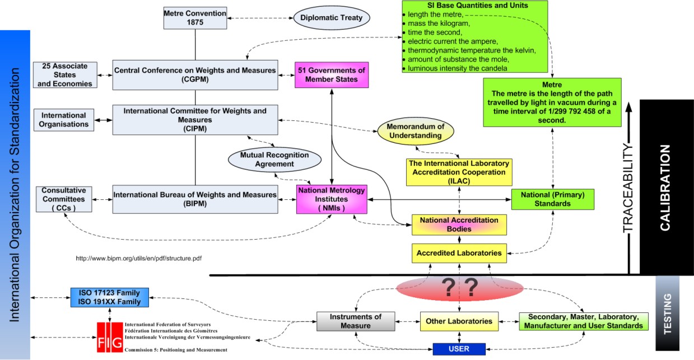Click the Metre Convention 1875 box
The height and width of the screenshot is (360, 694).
click(195, 18)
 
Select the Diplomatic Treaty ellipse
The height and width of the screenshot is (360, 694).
click(331, 18)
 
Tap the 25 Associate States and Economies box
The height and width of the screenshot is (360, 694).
click(64, 74)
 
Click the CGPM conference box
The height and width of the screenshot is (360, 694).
click(195, 74)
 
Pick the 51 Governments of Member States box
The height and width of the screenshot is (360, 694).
click(334, 74)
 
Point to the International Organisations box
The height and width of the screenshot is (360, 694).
click(64, 119)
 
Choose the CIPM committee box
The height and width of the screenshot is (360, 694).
click(195, 119)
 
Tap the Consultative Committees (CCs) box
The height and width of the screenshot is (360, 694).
click(64, 199)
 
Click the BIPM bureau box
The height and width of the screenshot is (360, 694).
click(195, 199)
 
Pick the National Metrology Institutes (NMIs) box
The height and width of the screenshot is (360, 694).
click(331, 199)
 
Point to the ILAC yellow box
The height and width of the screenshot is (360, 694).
click(459, 172)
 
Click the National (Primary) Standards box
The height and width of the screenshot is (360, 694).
click(552, 199)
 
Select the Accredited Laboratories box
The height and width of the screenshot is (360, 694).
click(459, 253)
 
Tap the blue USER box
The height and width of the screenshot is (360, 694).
click(459, 349)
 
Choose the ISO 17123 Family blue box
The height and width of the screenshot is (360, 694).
click(109, 297)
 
